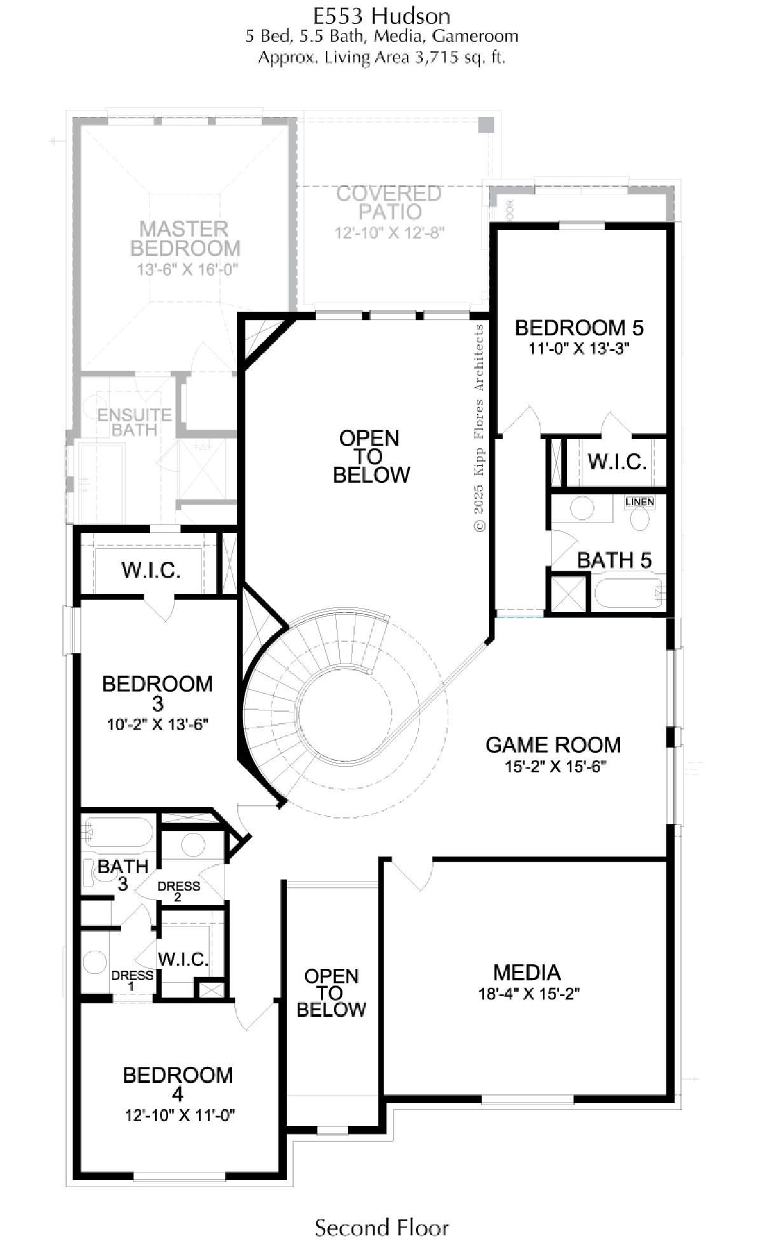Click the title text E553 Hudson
click(381, 15)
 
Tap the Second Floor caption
click(381, 1227)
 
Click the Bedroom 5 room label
click(579, 328)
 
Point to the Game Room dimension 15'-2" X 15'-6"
click(555, 766)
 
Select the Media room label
click(527, 972)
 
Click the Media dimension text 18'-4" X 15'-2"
click(529, 993)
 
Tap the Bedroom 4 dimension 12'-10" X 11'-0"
click(181, 1115)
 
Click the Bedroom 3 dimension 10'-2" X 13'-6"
click(158, 724)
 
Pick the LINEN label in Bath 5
click(640, 502)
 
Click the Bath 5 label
click(614, 560)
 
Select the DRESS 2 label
click(179, 891)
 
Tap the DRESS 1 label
click(132, 980)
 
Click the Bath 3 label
click(123, 874)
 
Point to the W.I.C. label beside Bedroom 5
click(617, 461)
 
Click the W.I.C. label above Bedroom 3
click(151, 570)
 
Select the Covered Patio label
click(389, 202)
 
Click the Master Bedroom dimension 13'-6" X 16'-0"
click(188, 269)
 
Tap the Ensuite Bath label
click(135, 422)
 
